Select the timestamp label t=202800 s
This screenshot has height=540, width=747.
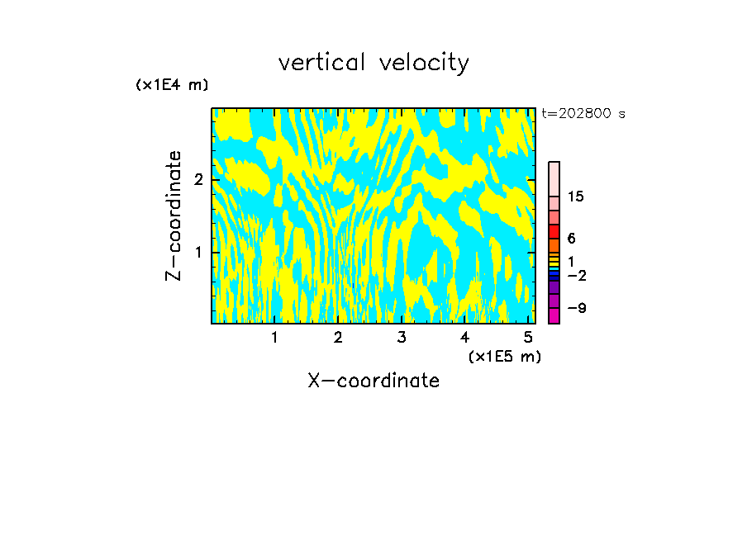click(x=583, y=114)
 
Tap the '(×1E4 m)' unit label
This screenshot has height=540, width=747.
click(x=172, y=85)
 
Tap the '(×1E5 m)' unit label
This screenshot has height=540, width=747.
click(x=504, y=356)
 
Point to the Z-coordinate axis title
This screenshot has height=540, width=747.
click(x=174, y=216)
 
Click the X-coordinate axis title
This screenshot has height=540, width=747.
click(x=373, y=381)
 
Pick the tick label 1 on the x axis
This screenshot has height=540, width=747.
click(x=274, y=338)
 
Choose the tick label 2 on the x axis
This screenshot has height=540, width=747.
click(x=338, y=338)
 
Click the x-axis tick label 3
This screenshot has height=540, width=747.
click(x=401, y=338)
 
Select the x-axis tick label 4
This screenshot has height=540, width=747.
click(x=464, y=338)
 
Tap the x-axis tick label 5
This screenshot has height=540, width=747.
click(x=528, y=338)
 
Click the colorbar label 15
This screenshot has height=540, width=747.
click(x=576, y=197)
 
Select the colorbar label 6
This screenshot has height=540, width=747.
click(x=571, y=239)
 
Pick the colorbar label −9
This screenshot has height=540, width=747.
click(x=577, y=308)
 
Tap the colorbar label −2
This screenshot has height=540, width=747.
click(x=577, y=275)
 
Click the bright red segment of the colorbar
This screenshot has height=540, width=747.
click(x=554, y=231)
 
